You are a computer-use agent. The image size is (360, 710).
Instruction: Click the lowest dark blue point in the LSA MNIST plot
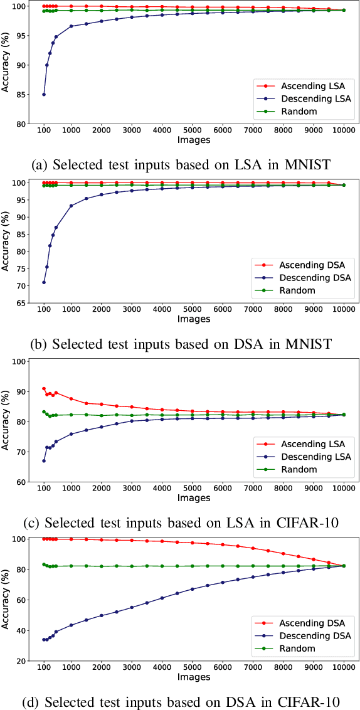44,95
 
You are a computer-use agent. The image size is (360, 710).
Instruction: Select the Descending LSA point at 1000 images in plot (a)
71,26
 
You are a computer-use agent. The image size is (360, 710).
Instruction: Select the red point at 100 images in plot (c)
44,389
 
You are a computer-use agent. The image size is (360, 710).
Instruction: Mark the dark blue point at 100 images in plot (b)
44,282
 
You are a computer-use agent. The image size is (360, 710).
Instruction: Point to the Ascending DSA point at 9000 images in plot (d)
314,559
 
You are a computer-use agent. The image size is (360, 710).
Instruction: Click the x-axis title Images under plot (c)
193,499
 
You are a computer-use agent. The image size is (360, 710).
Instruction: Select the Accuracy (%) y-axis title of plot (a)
6,65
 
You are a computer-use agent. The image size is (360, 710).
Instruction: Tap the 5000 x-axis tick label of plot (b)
193,309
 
